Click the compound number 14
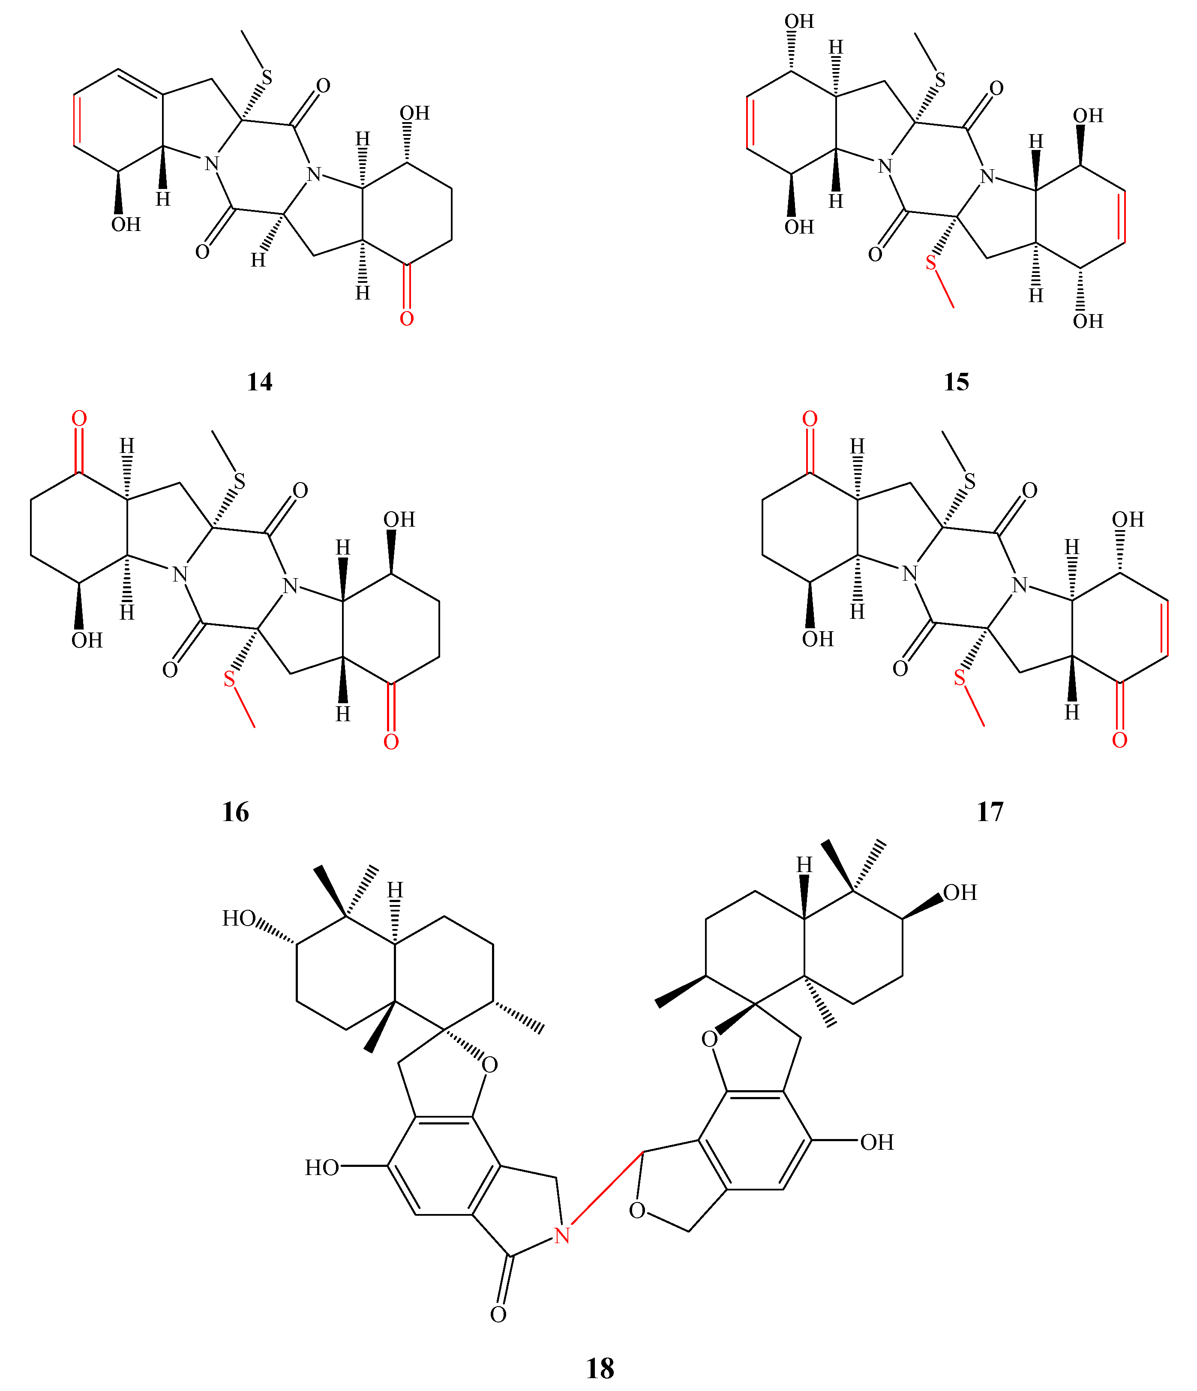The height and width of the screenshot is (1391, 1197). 260,382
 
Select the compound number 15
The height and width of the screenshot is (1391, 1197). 956,382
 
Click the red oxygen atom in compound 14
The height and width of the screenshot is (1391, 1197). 406,319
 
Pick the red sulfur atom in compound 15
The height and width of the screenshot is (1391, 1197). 930,263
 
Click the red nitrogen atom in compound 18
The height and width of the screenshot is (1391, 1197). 562,1236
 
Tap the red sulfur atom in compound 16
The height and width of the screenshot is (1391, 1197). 230,679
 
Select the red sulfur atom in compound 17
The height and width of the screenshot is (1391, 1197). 959,679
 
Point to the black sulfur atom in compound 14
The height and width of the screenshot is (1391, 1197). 267,78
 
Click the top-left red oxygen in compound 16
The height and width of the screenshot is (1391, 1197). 79,419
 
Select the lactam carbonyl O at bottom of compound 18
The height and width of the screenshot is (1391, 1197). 498,1314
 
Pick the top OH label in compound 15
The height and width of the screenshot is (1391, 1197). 799,21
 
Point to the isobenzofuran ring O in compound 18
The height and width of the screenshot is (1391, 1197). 637,1211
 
